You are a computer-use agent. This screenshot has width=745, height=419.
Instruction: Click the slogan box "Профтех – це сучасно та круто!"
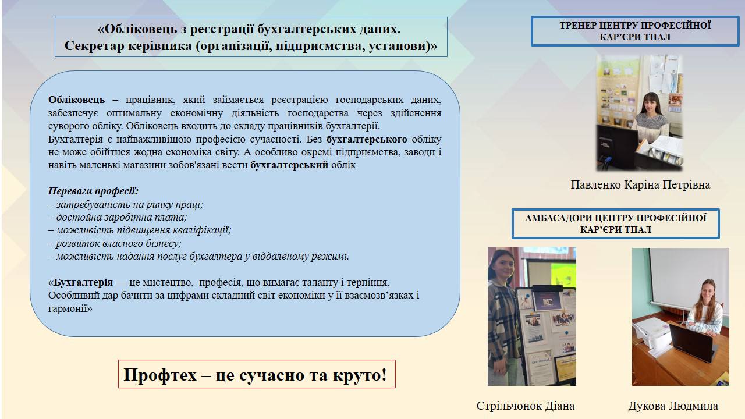[257, 374]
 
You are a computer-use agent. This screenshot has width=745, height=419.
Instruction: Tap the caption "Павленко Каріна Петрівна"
[640, 184]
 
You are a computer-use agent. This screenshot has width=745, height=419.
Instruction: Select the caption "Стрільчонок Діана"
[526, 406]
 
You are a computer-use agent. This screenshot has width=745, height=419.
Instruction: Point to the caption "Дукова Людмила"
[673, 406]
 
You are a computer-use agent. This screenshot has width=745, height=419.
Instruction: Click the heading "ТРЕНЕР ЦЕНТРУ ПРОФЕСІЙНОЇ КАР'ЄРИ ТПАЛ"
[635, 31]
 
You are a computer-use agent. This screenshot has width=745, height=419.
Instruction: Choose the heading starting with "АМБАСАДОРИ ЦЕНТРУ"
[616, 223]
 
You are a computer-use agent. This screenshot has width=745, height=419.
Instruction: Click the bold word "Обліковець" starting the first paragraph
[76, 100]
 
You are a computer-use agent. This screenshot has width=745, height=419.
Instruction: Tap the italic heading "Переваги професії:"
[93, 191]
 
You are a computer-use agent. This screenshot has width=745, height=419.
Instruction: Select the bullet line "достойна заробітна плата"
[118, 217]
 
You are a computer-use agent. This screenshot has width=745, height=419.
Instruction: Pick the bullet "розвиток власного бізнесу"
[115, 243]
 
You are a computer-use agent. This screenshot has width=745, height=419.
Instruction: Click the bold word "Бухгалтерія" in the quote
[83, 282]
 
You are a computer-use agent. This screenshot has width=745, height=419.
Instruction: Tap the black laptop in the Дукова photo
[692, 343]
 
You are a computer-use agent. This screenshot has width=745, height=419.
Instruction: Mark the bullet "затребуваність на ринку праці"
[126, 204]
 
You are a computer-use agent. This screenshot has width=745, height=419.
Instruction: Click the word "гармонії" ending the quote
[70, 308]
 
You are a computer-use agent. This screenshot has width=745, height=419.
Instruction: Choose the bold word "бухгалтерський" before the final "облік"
[289, 165]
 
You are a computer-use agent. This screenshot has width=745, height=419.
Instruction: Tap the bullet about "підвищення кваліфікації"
[140, 230]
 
